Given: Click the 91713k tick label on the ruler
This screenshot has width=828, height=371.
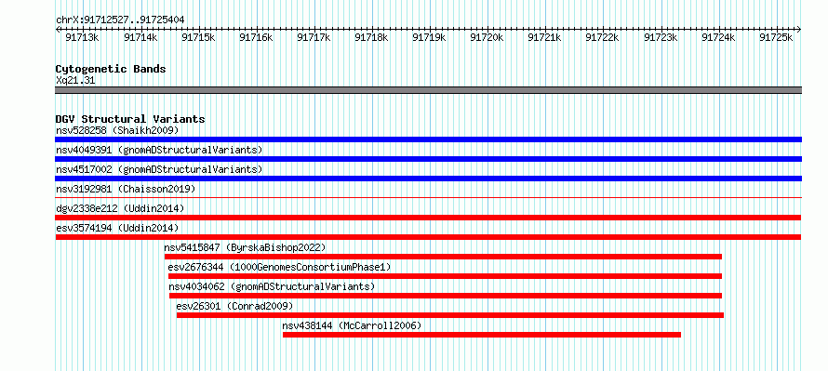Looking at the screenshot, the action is [82, 37].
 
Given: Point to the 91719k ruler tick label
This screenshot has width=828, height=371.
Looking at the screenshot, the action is [428, 37].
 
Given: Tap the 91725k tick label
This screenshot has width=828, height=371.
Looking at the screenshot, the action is [776, 37].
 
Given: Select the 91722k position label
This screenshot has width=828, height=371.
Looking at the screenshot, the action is [602, 37].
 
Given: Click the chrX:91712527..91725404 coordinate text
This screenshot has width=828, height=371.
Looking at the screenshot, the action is [120, 20].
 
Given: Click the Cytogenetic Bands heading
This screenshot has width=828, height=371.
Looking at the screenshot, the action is [111, 69].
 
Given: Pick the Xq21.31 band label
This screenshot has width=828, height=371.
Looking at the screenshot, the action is [75, 81].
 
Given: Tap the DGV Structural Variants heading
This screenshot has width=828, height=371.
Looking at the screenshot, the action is [130, 119].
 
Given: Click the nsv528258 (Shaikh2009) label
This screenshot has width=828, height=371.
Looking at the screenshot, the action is [117, 130].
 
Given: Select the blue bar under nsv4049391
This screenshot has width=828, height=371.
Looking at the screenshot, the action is [428, 159].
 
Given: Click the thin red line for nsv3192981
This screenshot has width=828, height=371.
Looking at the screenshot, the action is [428, 197].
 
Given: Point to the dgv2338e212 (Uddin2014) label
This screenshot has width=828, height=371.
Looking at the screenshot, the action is [120, 208].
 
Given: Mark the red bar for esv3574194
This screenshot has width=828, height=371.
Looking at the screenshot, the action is [428, 237].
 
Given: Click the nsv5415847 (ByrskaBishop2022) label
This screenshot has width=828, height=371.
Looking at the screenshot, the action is [245, 247].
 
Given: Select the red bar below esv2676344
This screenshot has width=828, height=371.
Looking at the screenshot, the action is [445, 276].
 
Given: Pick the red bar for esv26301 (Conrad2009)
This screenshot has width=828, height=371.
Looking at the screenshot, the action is [450, 315].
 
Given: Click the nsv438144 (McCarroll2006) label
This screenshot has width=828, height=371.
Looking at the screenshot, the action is [353, 325].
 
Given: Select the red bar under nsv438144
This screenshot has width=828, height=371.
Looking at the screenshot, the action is [482, 335].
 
